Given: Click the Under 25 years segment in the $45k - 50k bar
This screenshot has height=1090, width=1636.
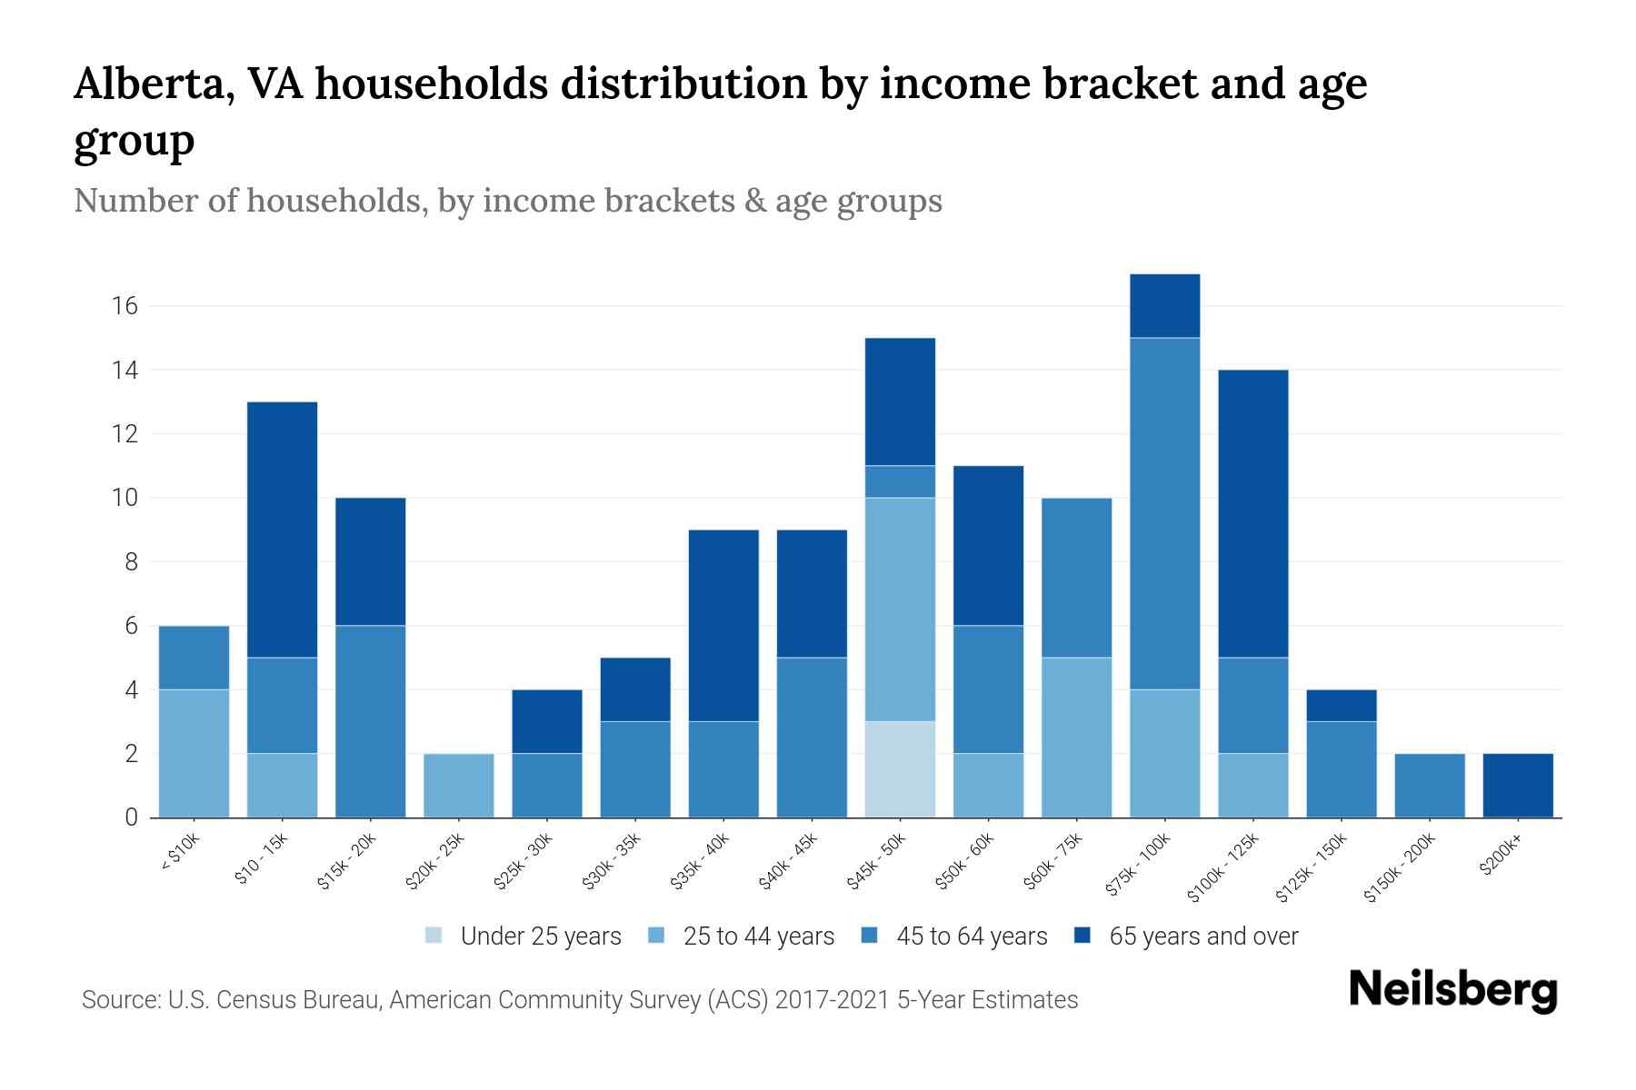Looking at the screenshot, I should [900, 769].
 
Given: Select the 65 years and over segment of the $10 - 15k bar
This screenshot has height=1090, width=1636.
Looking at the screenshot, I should [282, 529].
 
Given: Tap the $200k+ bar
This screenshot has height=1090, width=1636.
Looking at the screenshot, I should [1518, 786].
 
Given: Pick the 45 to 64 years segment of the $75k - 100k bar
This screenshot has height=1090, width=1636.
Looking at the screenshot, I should [1164, 513].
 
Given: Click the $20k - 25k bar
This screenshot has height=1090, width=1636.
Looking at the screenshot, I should [459, 786].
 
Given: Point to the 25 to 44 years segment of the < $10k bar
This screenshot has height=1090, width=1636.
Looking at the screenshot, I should [194, 753].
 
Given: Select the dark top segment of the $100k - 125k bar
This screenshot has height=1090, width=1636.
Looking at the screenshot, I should [1252, 513].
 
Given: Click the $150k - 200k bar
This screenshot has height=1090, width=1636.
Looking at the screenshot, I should [1429, 786].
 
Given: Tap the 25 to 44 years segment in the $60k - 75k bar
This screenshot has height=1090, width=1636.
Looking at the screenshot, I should [1076, 738].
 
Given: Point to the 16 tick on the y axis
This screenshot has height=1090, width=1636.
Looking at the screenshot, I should [125, 306].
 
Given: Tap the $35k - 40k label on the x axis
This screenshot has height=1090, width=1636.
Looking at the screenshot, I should [701, 863].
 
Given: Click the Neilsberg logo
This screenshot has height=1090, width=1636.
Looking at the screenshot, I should [1452, 990].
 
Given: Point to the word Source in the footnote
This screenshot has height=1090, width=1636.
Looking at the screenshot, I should [119, 1000].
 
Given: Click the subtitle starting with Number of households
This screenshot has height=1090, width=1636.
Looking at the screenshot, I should [507, 201].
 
